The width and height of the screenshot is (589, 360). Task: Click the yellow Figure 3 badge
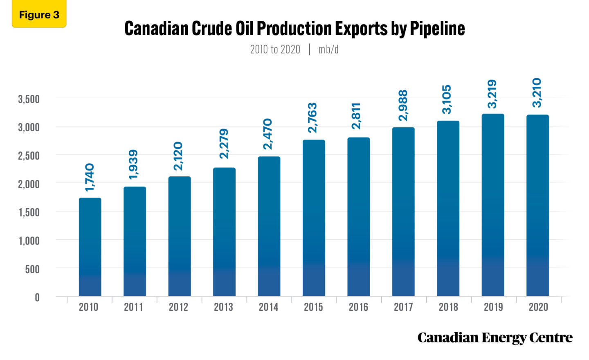39,15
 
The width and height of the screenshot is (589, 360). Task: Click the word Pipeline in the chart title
437,29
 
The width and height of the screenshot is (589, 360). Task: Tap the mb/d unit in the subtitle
328,49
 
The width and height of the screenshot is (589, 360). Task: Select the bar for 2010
90,247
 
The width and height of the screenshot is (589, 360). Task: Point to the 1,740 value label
90,178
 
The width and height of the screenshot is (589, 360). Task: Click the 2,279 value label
224,144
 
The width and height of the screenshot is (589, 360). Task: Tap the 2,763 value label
313,118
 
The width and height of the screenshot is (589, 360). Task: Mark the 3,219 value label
492,94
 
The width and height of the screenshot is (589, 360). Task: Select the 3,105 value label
447,99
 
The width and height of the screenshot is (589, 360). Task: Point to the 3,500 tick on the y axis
29,99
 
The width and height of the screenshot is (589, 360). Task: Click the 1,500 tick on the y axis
29,212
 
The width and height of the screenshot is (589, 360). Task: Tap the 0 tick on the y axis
37,297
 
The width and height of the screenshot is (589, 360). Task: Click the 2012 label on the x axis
178,307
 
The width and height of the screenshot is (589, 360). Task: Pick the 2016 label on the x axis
358,307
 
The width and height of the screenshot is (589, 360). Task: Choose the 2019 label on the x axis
493,307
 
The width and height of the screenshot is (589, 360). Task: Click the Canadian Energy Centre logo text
495,338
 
